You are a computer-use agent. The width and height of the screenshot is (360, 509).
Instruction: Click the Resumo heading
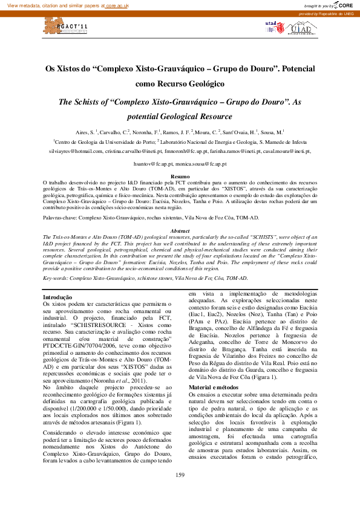[180, 177]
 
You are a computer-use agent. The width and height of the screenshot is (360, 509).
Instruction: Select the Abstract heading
[180, 232]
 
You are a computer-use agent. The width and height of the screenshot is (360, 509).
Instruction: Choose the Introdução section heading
[57, 297]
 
